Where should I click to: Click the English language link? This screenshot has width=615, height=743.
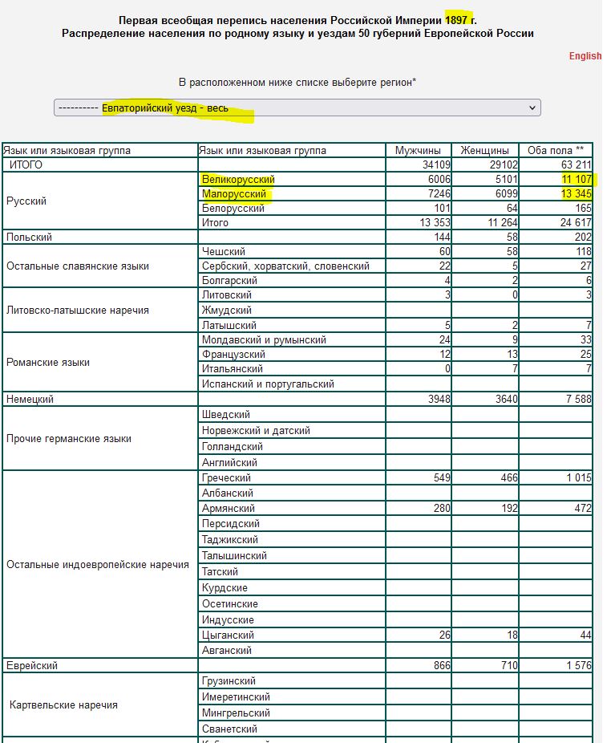(585, 56)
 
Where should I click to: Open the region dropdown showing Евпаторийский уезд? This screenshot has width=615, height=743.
(297, 108)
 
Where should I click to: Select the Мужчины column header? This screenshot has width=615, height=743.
(418, 150)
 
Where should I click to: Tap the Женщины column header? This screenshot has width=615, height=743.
(484, 150)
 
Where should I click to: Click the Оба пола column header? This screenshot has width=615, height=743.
(555, 150)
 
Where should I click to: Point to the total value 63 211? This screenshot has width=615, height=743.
(575, 165)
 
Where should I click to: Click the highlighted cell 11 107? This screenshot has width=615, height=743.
(575, 180)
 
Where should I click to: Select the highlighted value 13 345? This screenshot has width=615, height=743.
(575, 194)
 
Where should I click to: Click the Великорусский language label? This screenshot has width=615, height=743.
(238, 180)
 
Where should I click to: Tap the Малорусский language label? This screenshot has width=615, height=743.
(234, 194)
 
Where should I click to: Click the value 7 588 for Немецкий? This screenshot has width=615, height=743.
(577, 399)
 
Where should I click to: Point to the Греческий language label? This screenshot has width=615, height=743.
(227, 478)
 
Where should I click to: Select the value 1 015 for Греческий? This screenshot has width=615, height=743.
(577, 478)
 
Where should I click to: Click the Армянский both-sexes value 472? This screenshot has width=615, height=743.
(582, 508)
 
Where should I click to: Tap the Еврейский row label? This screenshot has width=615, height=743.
(32, 665)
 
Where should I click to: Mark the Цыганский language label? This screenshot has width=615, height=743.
(228, 635)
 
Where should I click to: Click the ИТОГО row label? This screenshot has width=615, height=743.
(26, 165)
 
